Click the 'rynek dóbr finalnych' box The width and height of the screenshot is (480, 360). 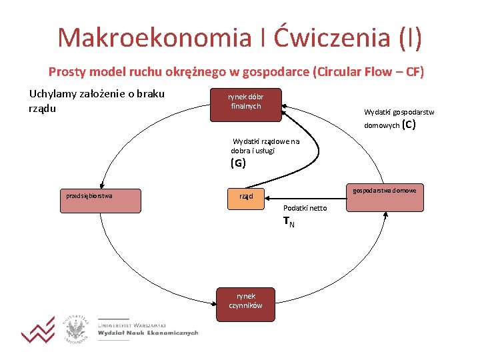pos(245,105)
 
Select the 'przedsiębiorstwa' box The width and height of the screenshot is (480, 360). pos(99,201)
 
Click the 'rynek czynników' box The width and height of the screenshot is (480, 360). pos(245,305)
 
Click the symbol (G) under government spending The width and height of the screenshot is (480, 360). pos(238,163)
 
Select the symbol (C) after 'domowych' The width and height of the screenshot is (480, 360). pos(409,124)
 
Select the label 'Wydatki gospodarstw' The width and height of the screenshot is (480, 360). pos(399,112)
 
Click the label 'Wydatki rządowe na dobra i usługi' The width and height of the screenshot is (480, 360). pos(265,146)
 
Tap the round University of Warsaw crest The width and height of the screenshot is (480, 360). pos(77,329)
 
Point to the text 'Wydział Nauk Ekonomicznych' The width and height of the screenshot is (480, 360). pos(148,333)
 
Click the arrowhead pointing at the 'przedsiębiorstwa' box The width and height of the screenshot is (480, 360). pos(99,187)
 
